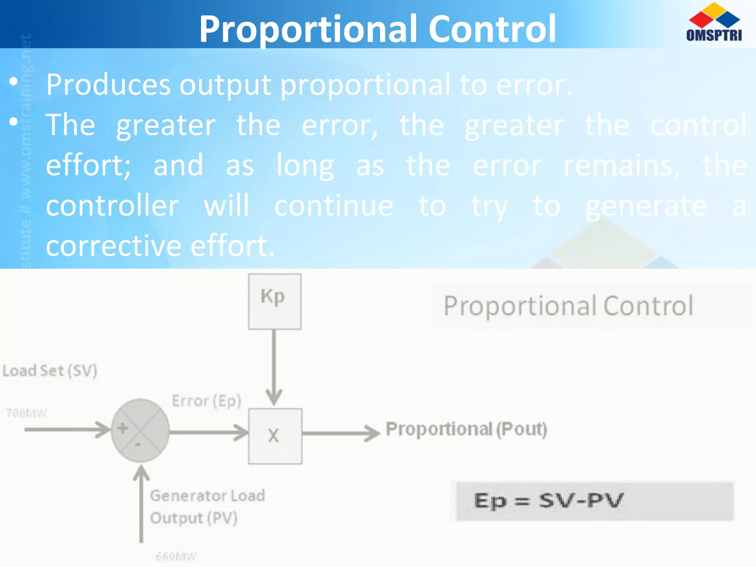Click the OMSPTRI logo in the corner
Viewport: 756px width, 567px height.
click(x=714, y=22)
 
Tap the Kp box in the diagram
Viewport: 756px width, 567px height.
click(x=274, y=301)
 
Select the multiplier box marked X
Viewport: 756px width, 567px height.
click(x=275, y=436)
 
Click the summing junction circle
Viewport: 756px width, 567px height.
click(x=140, y=430)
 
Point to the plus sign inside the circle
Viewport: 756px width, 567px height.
click(x=123, y=428)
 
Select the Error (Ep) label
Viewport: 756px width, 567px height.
click(x=206, y=401)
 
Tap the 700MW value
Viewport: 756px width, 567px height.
click(x=26, y=413)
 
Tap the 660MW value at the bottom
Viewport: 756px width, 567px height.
click(x=176, y=556)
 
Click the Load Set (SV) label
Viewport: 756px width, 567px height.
click(x=50, y=371)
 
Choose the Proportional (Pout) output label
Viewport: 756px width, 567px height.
click(x=466, y=429)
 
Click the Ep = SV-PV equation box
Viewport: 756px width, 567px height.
click(x=594, y=501)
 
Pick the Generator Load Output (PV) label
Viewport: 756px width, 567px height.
click(x=207, y=506)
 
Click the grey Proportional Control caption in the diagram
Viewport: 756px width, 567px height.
click(x=568, y=306)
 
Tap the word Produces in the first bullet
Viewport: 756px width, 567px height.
click(x=108, y=85)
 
